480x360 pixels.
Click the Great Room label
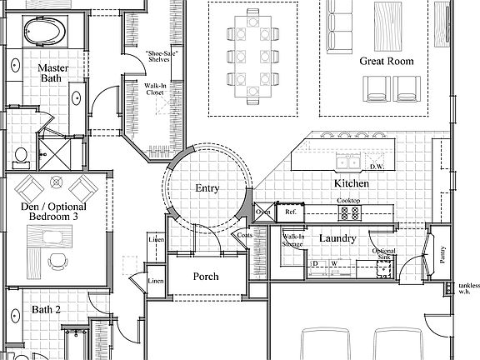point(387,62)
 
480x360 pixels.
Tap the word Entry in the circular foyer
point(207,188)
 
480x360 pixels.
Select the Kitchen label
point(351,182)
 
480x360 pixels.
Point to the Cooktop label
point(348,201)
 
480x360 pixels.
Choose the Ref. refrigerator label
point(291,212)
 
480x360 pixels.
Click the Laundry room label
point(337,239)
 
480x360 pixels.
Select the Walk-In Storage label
point(293,242)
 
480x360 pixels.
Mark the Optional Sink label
point(383,254)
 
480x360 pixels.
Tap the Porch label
point(206,276)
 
